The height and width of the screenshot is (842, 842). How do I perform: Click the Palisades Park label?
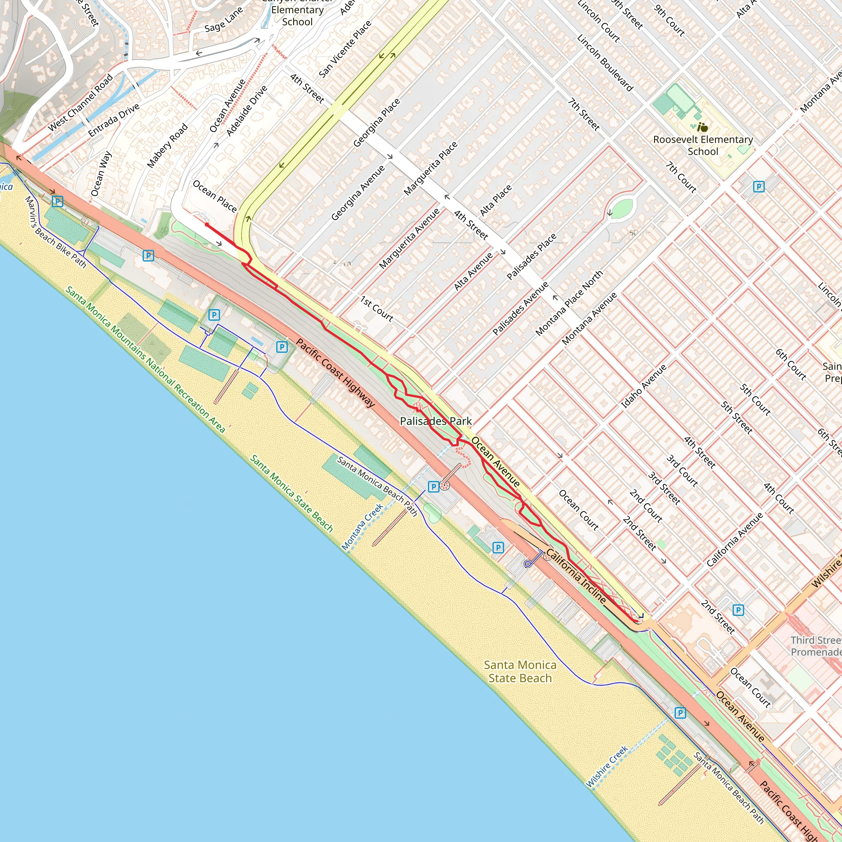click(436, 421)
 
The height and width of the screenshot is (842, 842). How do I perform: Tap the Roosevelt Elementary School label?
click(703, 146)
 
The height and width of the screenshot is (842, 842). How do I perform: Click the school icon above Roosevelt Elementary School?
click(702, 127)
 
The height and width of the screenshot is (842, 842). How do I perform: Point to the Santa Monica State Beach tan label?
click(520, 671)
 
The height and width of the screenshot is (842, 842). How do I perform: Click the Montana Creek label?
click(362, 527)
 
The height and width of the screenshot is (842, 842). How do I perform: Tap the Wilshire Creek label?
click(607, 767)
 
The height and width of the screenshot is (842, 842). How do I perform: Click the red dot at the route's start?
click(207, 225)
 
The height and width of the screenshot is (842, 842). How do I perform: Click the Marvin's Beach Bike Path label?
click(55, 232)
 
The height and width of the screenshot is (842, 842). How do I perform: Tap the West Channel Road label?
click(81, 102)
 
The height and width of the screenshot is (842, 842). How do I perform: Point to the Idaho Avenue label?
click(643, 386)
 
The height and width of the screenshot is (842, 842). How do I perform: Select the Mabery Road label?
click(167, 146)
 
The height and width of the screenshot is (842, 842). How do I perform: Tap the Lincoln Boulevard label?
click(605, 63)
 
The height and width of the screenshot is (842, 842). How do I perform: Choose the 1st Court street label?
click(377, 309)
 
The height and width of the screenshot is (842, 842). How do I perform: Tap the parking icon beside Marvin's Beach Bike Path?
click(58, 201)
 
